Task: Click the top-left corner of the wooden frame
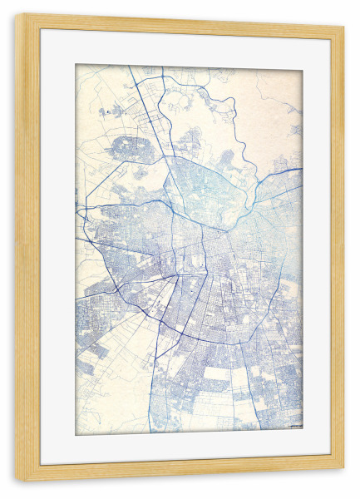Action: coord(17,16)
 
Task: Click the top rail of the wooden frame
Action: coord(180,22)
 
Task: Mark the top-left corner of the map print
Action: coord(76,65)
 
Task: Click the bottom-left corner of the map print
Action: coord(76,435)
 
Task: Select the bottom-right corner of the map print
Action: coord(303,430)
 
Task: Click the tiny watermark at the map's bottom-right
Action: coord(293,427)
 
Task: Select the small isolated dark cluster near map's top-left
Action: coord(105,111)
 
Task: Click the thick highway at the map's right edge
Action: coord(291,170)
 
